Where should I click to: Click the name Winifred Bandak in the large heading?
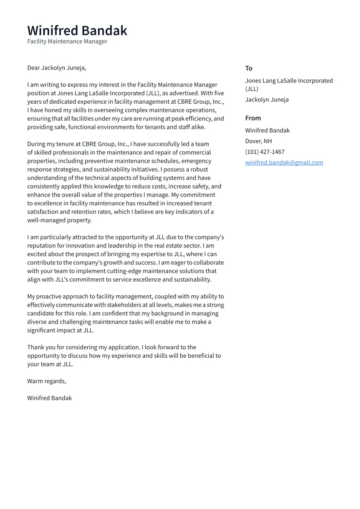point(77,31)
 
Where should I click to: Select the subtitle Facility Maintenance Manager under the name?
point(67,41)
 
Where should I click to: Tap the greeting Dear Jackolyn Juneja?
point(57,68)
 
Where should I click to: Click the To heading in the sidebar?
point(248,68)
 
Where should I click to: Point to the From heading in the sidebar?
point(253,118)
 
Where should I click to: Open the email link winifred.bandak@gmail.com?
point(284,162)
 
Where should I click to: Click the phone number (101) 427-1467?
point(264,152)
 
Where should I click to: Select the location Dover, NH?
point(258,141)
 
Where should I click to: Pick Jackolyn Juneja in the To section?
point(267,99)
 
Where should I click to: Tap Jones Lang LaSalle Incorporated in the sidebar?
point(289,81)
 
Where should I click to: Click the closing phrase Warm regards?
point(46,381)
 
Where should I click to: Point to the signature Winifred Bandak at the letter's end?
point(49,398)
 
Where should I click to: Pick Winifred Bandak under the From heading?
point(267,130)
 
